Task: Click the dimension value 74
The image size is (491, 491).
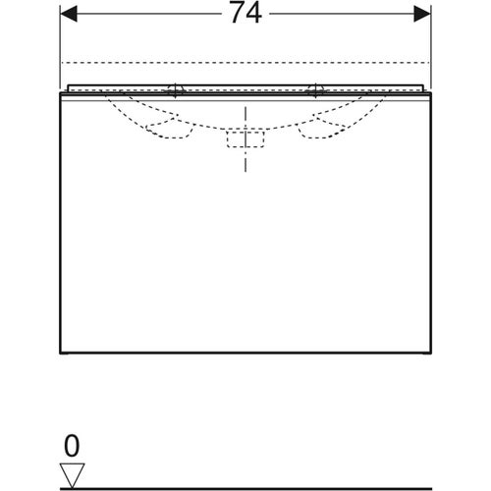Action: coord(245,17)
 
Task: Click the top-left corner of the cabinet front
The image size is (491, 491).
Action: coord(62,99)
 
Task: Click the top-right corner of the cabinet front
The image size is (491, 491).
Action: coord(430,99)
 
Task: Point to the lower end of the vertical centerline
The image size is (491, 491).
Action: coord(245,171)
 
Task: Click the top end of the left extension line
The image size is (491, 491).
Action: coord(61,4)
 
